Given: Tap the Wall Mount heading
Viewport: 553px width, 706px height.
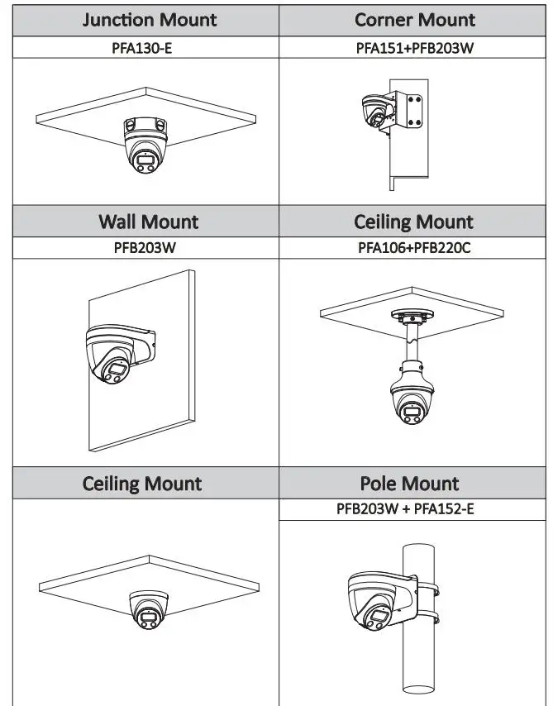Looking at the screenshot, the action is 148,222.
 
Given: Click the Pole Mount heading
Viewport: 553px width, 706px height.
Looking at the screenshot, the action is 410,483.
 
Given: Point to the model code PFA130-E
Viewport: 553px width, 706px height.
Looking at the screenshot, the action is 142,48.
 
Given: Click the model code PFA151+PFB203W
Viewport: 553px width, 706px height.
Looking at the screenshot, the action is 414,48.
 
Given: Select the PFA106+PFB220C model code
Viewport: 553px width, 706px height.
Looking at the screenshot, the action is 413,246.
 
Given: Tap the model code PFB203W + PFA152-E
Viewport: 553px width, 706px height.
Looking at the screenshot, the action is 405,508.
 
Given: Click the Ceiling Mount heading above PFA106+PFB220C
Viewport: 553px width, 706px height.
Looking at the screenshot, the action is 413,222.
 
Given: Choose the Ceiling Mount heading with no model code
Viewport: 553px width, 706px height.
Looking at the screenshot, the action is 142,483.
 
